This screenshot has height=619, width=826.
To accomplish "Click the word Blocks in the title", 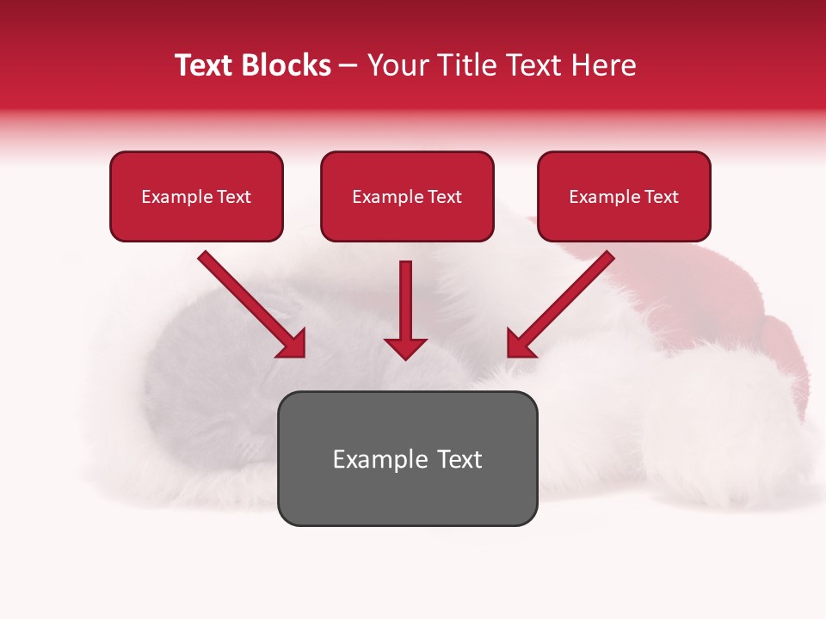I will [x=289, y=65].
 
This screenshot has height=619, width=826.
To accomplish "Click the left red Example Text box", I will [x=196, y=197].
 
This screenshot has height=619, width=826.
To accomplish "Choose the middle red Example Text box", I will [x=407, y=197].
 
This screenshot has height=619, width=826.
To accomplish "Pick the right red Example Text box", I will [x=624, y=197].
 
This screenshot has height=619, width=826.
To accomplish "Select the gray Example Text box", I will [x=407, y=458].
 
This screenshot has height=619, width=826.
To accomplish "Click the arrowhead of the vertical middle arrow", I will [x=405, y=348].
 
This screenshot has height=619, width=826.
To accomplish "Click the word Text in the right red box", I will [x=661, y=197].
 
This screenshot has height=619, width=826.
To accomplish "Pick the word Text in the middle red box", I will [x=444, y=197].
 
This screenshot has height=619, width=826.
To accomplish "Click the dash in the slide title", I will [x=348, y=66].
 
